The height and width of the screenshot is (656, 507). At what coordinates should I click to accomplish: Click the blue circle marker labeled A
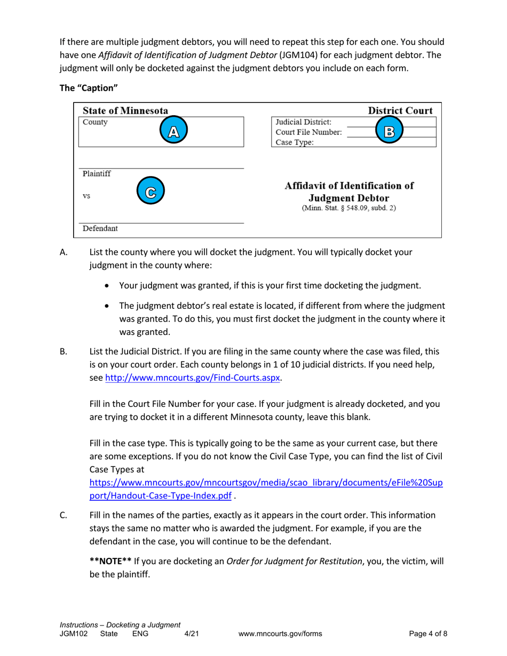(172, 132)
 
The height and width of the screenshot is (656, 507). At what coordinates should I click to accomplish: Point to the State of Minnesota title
(125, 111)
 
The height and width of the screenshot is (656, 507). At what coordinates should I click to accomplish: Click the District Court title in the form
(400, 111)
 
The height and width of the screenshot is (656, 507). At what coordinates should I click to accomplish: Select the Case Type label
(295, 142)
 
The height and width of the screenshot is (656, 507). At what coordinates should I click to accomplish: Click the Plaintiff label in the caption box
(97, 174)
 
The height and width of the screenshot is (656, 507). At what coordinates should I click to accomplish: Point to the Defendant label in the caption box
(100, 228)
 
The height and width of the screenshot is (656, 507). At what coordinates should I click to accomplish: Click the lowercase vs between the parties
(86, 196)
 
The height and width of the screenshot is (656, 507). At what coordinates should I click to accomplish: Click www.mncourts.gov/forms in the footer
(281, 634)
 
